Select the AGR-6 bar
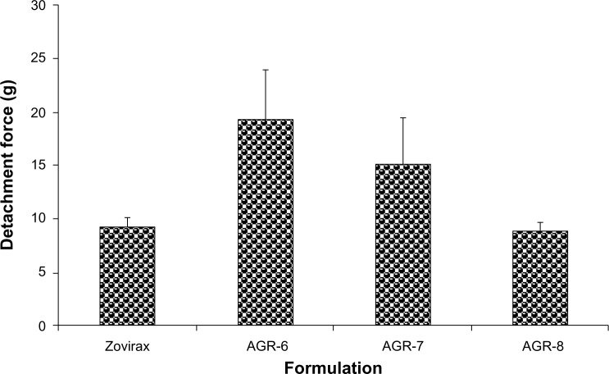click(x=266, y=222)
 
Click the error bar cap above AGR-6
click(x=266, y=70)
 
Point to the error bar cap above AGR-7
click(x=402, y=117)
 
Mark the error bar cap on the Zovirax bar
click(x=127, y=217)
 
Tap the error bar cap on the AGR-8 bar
click(x=540, y=222)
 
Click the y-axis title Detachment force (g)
click(x=13, y=164)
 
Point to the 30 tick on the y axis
click(x=39, y=6)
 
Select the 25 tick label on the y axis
click(x=39, y=59)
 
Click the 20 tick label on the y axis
click(x=39, y=112)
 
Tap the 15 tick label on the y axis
click(x=39, y=166)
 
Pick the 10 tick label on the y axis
click(x=39, y=219)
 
